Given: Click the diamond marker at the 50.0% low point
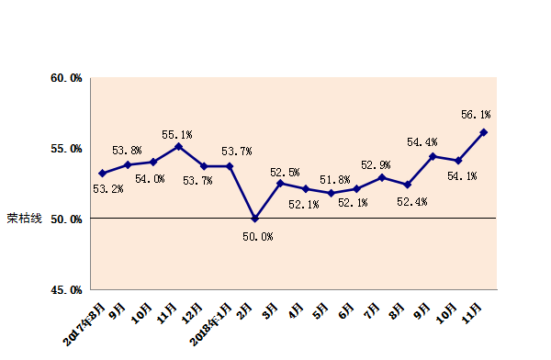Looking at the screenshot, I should click(255, 219).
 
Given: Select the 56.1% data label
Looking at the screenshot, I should click(476, 115).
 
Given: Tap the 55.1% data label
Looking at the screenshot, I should click(176, 134).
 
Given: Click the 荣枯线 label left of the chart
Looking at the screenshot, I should click(24, 219).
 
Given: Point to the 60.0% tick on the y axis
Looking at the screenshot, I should click(66, 79).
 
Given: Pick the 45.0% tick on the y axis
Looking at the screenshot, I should click(66, 289).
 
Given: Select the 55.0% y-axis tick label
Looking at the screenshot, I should click(66, 149).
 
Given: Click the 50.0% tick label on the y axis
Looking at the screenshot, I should click(66, 219).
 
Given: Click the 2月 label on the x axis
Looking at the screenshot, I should click(247, 306).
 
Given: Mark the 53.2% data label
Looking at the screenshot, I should click(108, 189).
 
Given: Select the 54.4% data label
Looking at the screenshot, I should click(422, 142).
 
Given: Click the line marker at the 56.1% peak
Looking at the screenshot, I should click(484, 132).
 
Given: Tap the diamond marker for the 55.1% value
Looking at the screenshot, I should click(179, 146).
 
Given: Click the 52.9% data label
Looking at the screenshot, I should click(375, 164).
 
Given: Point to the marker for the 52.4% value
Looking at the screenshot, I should click(408, 185).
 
